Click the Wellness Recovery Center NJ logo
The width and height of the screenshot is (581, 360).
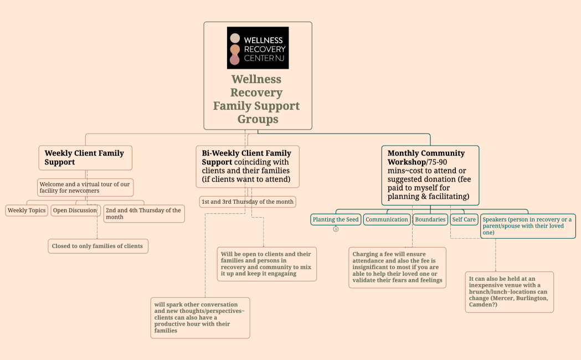258,48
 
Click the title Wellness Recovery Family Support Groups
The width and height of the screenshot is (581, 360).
258,99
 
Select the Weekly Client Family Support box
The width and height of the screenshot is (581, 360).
85,157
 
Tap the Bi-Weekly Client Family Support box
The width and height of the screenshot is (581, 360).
247,166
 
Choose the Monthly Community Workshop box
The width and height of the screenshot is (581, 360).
430,175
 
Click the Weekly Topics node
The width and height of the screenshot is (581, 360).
27,210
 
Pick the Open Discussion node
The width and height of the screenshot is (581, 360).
75,210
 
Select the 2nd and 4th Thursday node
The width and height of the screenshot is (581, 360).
144,214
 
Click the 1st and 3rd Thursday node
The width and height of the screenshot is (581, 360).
248,202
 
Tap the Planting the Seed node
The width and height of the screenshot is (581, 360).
336,219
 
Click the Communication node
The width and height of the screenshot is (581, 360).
387,219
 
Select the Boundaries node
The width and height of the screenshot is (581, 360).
430,219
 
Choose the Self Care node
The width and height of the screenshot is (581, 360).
464,219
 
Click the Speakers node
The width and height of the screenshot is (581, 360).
527,226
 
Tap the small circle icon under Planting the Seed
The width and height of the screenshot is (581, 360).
336,229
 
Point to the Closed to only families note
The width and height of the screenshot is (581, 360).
97,246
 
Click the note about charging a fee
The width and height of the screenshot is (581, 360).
397,268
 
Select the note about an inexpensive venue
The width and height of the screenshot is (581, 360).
509,292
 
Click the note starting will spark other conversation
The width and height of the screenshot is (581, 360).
200,317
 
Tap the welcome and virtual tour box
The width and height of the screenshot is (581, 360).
85,187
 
